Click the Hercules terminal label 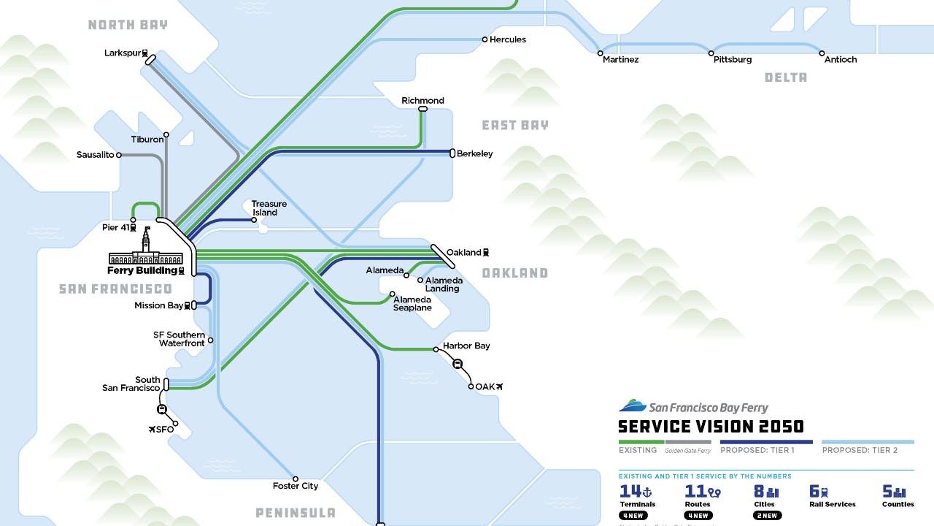coord(507,39)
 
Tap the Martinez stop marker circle coord(601,53)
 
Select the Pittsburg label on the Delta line coord(733,60)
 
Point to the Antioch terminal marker coord(822,53)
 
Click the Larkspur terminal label coord(122,53)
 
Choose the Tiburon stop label coord(147,140)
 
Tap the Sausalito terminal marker coord(119,155)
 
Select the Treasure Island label coord(269,208)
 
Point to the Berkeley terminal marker coord(452,153)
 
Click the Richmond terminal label coord(422,101)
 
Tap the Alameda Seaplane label coord(412,303)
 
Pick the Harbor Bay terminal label coord(466,346)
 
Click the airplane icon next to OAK coord(500,386)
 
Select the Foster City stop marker coord(296,479)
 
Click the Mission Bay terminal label coord(158,305)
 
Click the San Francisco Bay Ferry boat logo coord(632,405)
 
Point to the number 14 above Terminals coord(630,492)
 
